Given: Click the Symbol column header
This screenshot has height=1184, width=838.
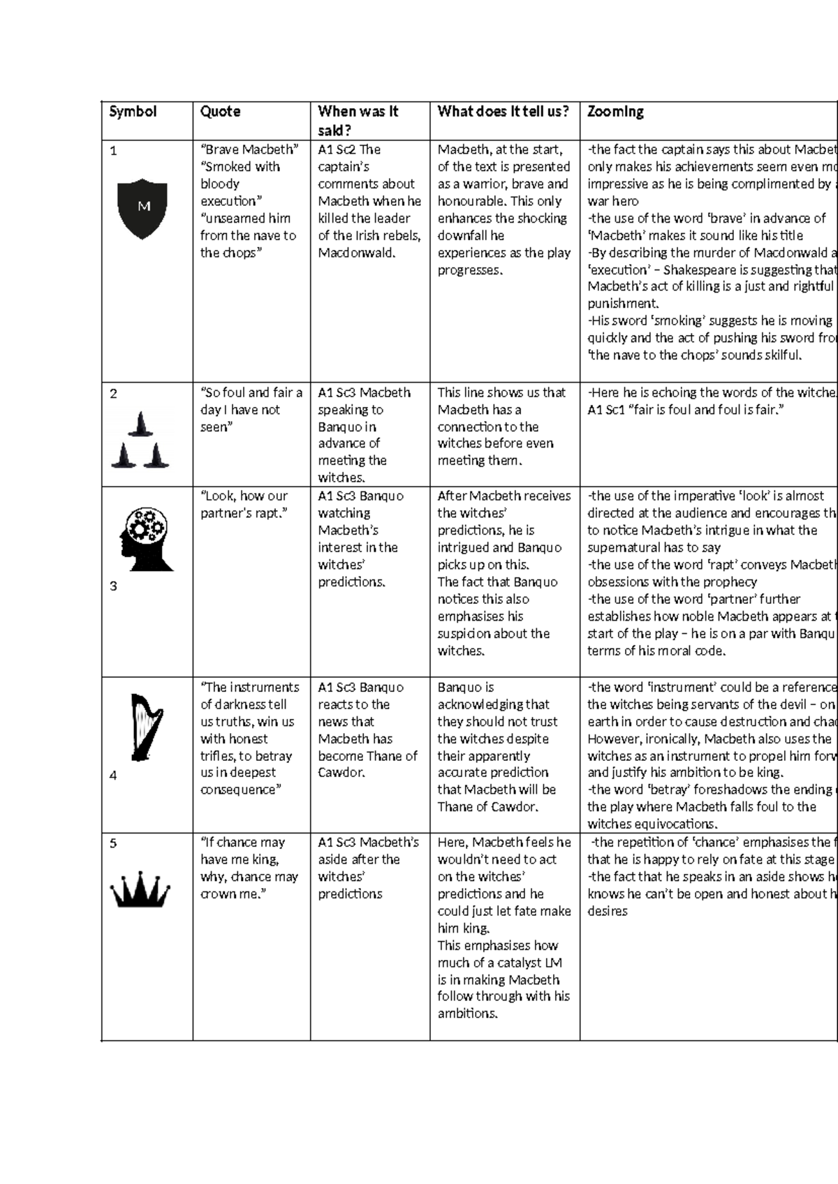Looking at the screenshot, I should (133, 112).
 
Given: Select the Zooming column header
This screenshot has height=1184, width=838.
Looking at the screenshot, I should (615, 112).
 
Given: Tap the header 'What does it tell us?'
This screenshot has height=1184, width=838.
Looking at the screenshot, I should (503, 112).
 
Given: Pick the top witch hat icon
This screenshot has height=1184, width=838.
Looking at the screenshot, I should (142, 424).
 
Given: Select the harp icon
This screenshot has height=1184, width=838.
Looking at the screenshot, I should (146, 727).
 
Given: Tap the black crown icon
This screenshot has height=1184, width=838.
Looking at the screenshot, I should (140, 889).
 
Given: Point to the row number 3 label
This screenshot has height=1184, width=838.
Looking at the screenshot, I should (114, 586).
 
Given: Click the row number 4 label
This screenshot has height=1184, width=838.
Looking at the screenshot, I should (114, 775).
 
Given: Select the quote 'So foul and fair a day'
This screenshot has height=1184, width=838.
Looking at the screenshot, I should (251, 410).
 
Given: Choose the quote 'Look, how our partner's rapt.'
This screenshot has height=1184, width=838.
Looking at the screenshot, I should (244, 504).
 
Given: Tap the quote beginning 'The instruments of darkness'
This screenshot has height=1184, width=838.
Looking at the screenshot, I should (249, 739).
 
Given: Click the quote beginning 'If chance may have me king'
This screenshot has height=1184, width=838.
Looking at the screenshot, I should (249, 868).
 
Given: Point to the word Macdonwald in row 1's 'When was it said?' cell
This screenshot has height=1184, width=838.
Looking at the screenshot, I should (356, 253).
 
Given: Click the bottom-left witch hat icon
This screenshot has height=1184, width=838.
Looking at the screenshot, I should (124, 456).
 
